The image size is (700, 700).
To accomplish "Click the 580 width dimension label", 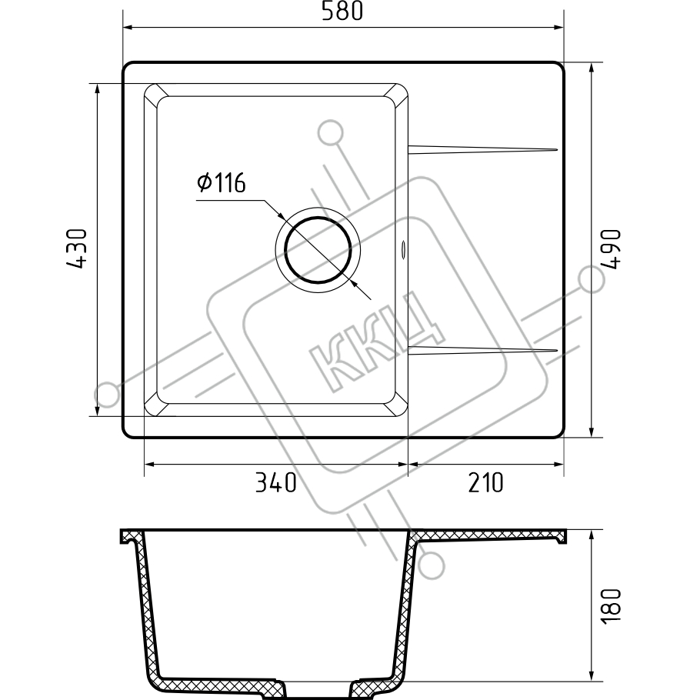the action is (x=342, y=12).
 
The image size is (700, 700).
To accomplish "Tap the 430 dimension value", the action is (x=76, y=248).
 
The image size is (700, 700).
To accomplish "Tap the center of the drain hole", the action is (x=318, y=250).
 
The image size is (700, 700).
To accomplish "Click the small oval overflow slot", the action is (x=404, y=249).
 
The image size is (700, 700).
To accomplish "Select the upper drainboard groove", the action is (x=482, y=149).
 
